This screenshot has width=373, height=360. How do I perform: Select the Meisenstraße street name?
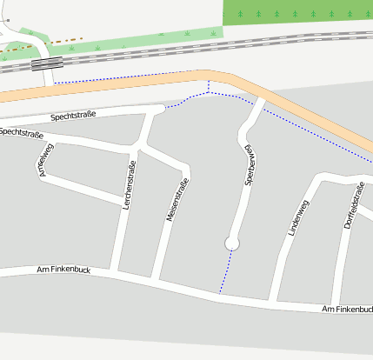point(177,202)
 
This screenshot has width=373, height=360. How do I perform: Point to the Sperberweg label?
point(250,169)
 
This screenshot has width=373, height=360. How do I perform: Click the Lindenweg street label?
point(298,219)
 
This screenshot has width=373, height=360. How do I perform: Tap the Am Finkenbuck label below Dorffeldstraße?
point(346,310)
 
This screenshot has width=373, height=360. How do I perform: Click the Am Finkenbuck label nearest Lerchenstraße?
point(63,270)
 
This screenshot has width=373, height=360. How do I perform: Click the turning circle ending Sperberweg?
point(231,243)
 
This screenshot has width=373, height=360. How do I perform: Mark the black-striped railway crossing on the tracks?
point(47,63)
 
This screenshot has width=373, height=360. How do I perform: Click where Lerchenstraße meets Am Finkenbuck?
point(115,274)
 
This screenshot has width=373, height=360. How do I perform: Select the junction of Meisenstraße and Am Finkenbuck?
point(156,280)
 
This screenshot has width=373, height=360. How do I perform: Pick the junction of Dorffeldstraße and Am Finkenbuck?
point(336,305)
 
